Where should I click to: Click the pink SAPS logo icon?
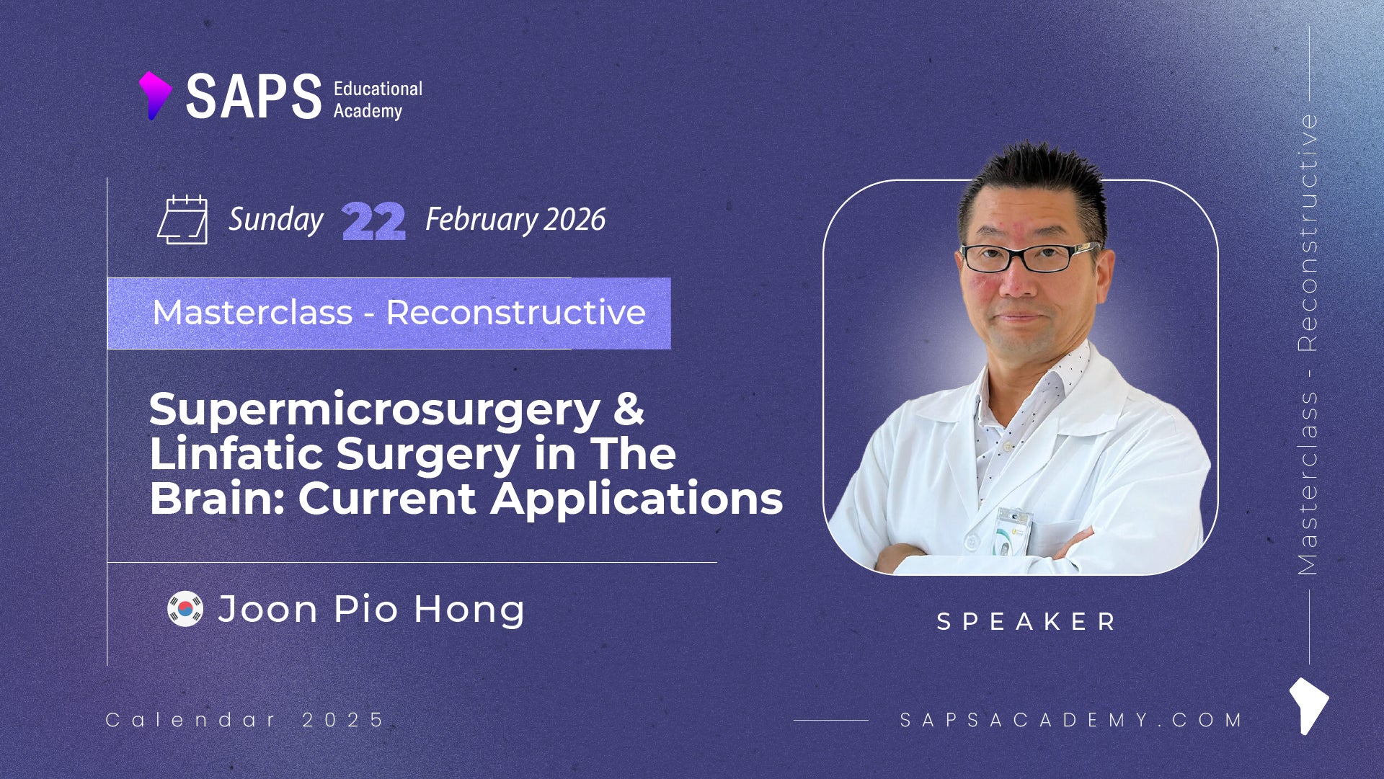[154, 95]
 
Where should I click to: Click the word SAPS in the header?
[254, 97]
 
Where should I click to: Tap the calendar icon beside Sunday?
[182, 220]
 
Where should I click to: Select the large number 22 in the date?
[373, 221]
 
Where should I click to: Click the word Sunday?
[276, 220]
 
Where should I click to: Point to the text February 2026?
[515, 220]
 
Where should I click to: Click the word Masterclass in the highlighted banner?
[252, 313]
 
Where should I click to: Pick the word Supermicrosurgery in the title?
[375, 411]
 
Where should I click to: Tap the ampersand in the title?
[629, 408]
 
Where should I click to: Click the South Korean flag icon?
[185, 609]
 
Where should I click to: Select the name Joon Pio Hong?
[371, 610]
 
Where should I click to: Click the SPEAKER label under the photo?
[1026, 621]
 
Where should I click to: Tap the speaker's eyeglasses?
[1029, 257]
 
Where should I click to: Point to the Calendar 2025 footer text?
[245, 720]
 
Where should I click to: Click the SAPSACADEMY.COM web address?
[1071, 720]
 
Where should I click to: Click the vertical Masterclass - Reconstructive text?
[1308, 344]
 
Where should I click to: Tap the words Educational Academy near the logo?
[378, 99]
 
